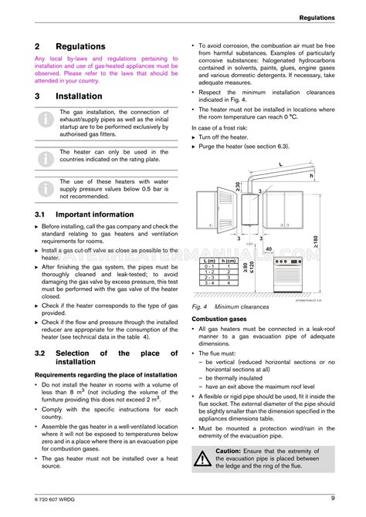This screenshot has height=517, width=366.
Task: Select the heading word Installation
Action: (79, 96)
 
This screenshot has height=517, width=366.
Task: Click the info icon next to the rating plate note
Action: (47, 158)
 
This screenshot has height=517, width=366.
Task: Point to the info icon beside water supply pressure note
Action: (47, 187)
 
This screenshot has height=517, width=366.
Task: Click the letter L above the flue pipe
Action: (280, 165)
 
